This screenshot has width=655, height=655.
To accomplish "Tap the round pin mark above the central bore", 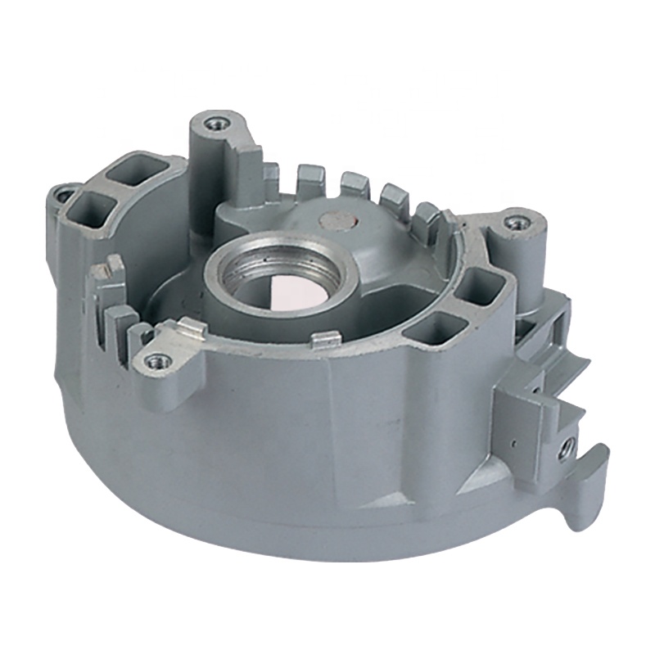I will coord(336,219).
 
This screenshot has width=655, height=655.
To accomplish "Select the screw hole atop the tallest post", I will coord(216,124).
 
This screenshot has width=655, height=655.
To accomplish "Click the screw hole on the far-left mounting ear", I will coord(63,195).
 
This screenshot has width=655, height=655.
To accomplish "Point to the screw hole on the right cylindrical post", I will coord(515,221).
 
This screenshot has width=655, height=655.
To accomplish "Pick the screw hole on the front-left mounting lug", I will coord(155,359).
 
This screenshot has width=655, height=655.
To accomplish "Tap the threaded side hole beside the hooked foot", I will coord(565,447).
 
